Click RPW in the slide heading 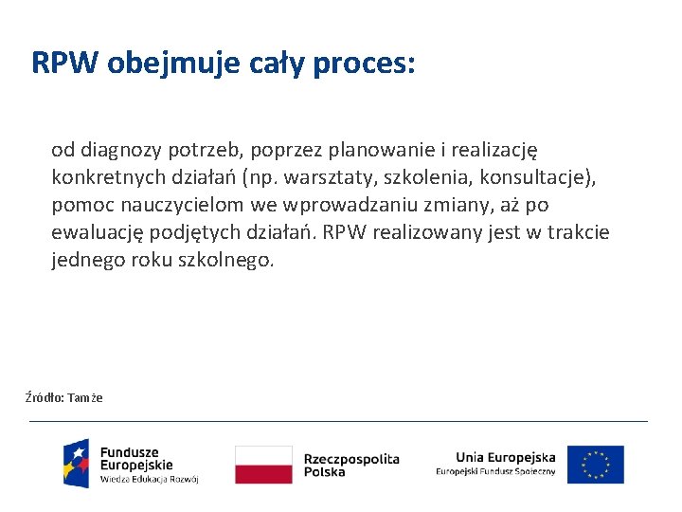point(65,63)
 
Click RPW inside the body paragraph point(343,232)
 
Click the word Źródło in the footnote point(44,397)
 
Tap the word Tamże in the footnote point(85,397)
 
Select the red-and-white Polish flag point(263,465)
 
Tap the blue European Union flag point(596,465)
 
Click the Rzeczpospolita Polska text point(351,465)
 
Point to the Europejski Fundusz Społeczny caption point(495,472)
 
